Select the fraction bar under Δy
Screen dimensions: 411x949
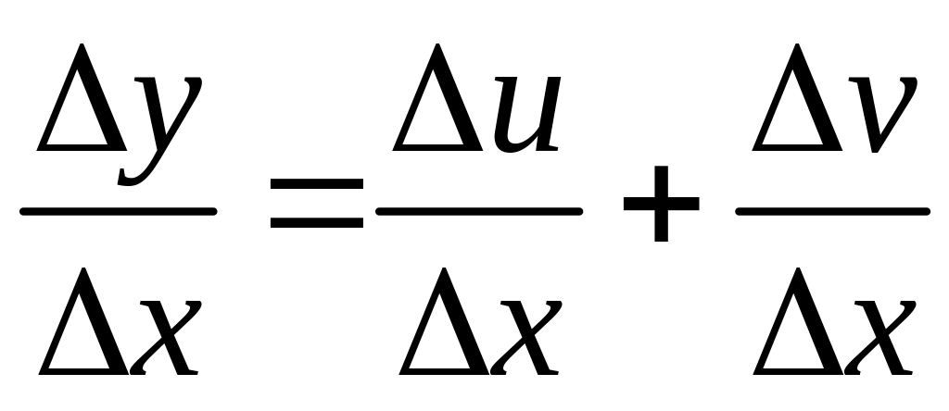(x=118, y=211)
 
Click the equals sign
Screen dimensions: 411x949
(x=316, y=204)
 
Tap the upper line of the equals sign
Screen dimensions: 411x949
(x=316, y=186)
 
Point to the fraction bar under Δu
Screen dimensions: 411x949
(x=478, y=211)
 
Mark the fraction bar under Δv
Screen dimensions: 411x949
(x=832, y=211)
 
